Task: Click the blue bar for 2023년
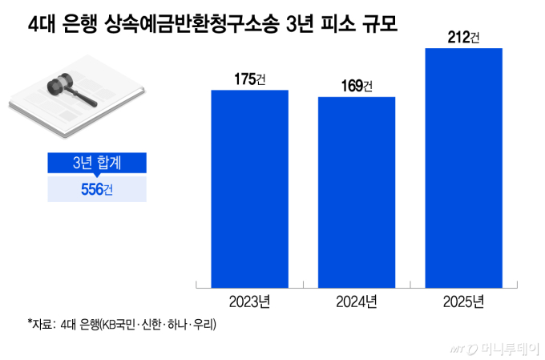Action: tap(249, 188)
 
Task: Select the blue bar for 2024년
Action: tap(357, 192)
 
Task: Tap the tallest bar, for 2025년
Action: tap(463, 167)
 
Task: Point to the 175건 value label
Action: tap(249, 79)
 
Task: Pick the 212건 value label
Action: tap(463, 36)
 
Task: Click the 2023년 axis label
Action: tap(249, 301)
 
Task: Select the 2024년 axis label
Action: tap(357, 301)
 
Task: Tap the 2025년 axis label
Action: tap(463, 301)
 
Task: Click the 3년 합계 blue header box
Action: tap(96, 162)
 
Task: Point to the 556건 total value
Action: tap(96, 189)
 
